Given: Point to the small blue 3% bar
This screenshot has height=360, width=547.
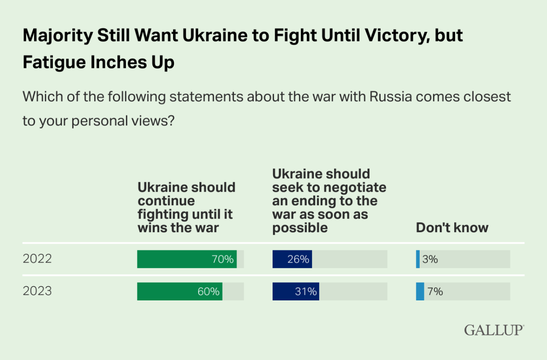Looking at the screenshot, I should click(418, 259).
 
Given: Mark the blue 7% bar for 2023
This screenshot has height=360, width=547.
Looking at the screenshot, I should click(420, 291).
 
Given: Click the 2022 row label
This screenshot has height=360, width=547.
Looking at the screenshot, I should click(37, 259).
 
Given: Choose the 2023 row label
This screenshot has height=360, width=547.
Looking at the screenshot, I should click(37, 291).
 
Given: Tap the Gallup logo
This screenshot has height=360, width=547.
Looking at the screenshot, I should click(494, 330).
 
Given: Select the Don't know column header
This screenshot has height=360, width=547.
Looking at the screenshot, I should click(452, 227).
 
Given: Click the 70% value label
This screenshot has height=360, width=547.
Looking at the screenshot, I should click(223, 260).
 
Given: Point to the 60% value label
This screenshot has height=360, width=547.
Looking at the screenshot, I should click(208, 292).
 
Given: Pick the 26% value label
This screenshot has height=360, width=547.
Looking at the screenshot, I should click(298, 260).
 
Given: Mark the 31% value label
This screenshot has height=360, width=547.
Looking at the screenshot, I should click(306, 292).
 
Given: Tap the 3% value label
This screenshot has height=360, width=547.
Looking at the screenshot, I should click(430, 260).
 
